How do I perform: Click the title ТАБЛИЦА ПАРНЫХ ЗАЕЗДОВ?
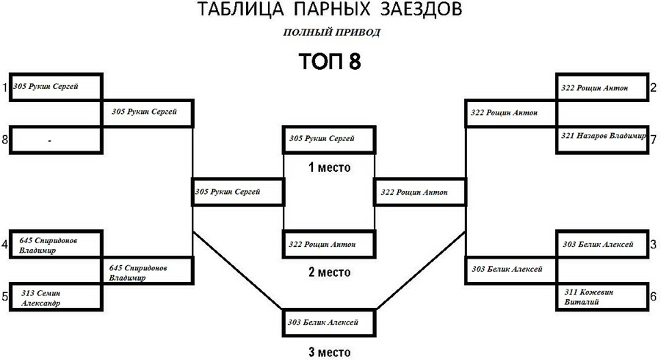(x=330, y=10)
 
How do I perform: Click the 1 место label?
(x=330, y=168)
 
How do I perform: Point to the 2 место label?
(x=330, y=273)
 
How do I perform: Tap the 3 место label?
(x=330, y=351)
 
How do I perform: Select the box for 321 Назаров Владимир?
(x=603, y=137)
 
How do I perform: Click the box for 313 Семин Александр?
(x=56, y=298)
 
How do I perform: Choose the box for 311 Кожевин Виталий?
(x=603, y=297)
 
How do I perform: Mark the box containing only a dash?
(x=56, y=139)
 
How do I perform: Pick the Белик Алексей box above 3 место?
(x=330, y=323)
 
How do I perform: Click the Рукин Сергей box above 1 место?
(x=330, y=139)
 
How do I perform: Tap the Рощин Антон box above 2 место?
(x=330, y=243)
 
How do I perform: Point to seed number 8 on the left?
(x=4, y=140)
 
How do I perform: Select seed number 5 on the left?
(x=4, y=297)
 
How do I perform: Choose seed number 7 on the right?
(x=653, y=139)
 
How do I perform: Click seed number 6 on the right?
(x=653, y=297)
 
